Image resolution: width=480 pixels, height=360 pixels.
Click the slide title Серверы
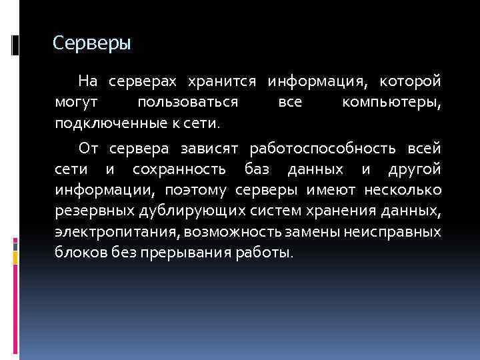[92, 44]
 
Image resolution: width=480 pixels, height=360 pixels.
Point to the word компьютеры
[391, 103]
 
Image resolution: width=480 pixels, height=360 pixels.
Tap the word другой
[416, 169]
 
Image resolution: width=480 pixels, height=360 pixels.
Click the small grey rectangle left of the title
[15, 45]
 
